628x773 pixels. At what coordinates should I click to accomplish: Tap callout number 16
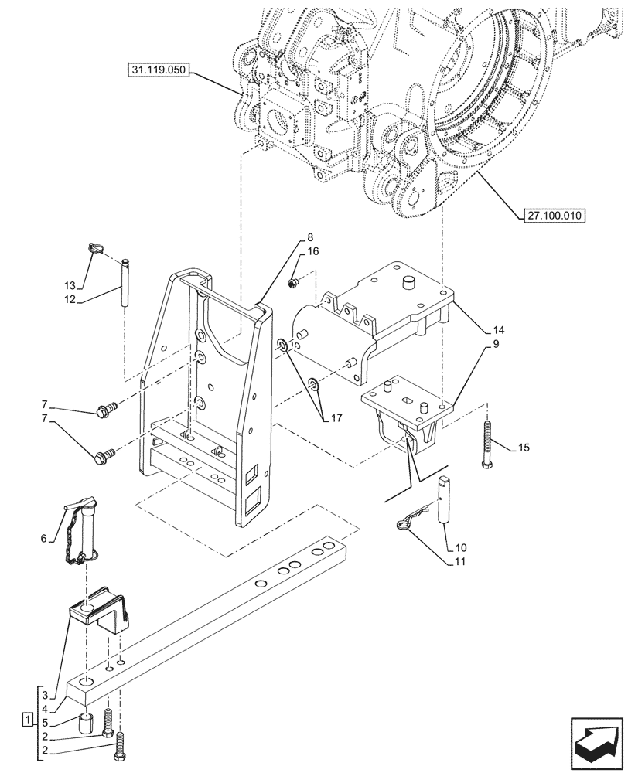coord(313,252)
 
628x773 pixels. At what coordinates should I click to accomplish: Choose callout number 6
coord(44,538)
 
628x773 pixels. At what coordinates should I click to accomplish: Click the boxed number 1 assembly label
coord(28,720)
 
